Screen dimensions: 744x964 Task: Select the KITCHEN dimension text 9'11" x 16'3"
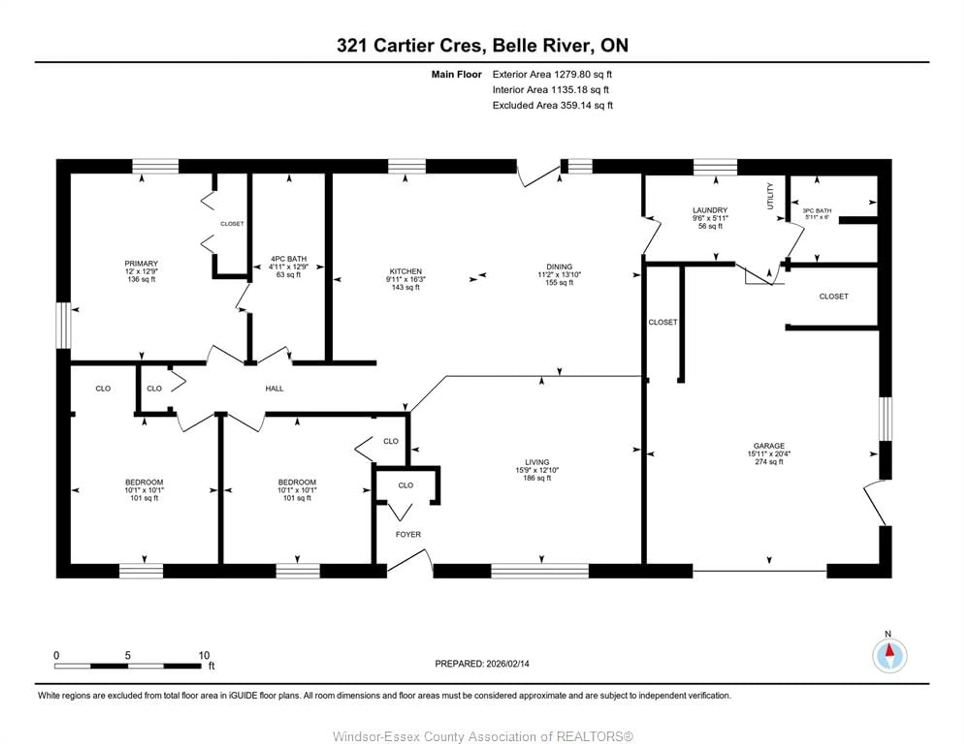pyautogui.click(x=405, y=279)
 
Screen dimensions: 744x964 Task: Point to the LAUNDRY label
pyautogui.click(x=710, y=210)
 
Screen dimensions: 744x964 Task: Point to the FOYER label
pyautogui.click(x=408, y=535)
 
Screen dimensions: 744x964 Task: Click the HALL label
pyautogui.click(x=274, y=388)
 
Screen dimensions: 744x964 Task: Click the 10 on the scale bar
pyautogui.click(x=204, y=655)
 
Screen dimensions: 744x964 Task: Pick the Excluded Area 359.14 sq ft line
pyautogui.click(x=552, y=105)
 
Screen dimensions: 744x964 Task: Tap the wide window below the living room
pyautogui.click(x=539, y=571)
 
